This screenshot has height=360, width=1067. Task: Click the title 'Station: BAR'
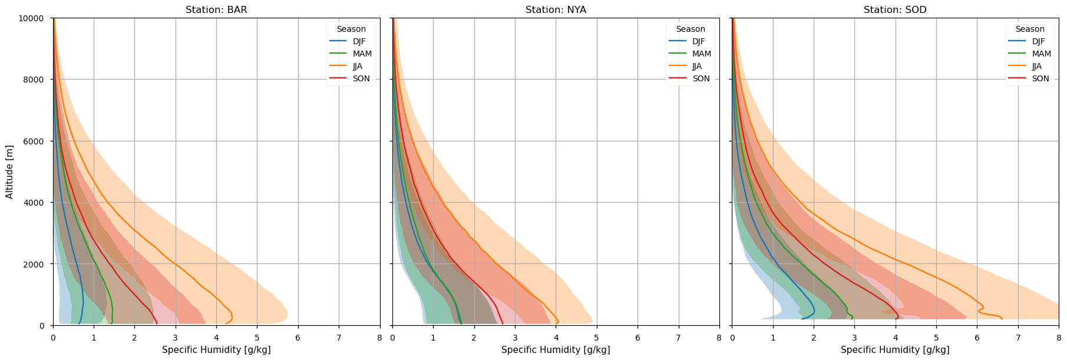pyautogui.click(x=216, y=10)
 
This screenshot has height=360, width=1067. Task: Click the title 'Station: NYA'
pyautogui.click(x=556, y=10)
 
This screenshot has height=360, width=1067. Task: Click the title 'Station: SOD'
pyautogui.click(x=895, y=10)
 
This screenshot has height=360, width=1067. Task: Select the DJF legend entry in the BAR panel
pyautogui.click(x=359, y=41)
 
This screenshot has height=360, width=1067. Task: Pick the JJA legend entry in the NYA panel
pyautogui.click(x=696, y=66)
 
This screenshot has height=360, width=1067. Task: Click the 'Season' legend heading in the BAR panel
pyautogui.click(x=351, y=29)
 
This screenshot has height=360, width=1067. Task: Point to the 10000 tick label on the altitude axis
pyautogui.click(x=32, y=18)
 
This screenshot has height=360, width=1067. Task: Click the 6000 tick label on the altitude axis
pyautogui.click(x=34, y=141)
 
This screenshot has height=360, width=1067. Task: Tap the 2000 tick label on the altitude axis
pyautogui.click(x=34, y=265)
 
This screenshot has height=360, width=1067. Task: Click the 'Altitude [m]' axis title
pyautogui.click(x=9, y=171)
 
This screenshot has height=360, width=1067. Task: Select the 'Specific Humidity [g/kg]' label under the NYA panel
pyautogui.click(x=556, y=350)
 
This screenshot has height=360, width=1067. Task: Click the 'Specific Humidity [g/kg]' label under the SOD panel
pyautogui.click(x=895, y=350)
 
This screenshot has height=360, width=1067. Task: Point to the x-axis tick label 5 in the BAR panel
pyautogui.click(x=257, y=338)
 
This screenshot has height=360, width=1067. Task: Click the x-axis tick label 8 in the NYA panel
pyautogui.click(x=719, y=338)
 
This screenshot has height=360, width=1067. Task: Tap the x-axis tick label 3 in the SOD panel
pyautogui.click(x=854, y=338)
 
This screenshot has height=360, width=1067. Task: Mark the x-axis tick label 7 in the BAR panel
pyautogui.click(x=339, y=338)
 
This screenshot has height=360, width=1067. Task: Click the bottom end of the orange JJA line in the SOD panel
pyautogui.click(x=1002, y=319)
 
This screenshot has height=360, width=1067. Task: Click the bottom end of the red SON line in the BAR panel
pyautogui.click(x=156, y=323)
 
